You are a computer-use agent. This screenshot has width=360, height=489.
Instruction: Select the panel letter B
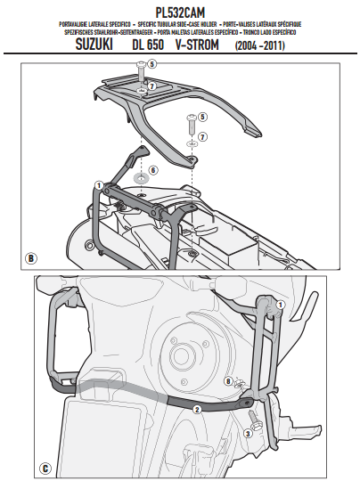32,259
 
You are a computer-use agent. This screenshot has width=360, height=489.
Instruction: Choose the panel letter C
45,465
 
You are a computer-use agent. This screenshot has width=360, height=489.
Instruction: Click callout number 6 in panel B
153,169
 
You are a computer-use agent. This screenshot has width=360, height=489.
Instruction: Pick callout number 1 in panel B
99,184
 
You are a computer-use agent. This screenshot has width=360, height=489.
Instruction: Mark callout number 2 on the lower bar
198,408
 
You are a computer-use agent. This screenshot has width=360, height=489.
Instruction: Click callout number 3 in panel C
247,434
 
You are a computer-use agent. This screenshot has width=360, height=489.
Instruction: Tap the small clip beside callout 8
241,383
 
